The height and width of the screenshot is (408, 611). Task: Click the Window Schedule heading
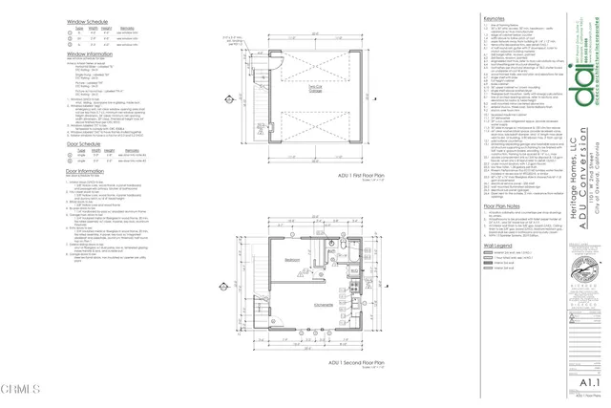point(88,20)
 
